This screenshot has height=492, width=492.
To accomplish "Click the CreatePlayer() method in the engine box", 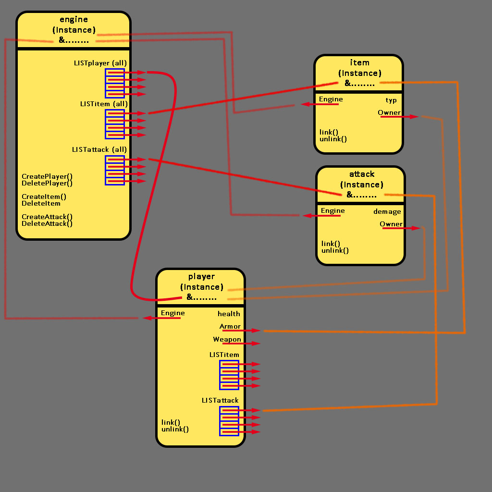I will [x=47, y=176].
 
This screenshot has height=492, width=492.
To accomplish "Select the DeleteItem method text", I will [x=41, y=203].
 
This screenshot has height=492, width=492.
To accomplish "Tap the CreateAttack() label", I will [x=47, y=217].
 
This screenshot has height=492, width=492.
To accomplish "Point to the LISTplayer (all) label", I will [x=100, y=63].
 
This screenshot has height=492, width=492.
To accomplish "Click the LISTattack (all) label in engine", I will [x=99, y=149].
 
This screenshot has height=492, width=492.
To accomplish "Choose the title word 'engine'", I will [x=74, y=20].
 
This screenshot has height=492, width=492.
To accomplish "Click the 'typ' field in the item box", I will [x=391, y=100].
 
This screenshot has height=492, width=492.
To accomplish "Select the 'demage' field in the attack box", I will [x=387, y=211].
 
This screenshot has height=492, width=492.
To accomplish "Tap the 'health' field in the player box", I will [x=229, y=314].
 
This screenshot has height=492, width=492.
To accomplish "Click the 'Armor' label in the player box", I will [x=230, y=327].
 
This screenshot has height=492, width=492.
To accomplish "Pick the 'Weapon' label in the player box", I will [x=227, y=340].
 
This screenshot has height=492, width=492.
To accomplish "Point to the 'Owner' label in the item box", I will [x=389, y=113].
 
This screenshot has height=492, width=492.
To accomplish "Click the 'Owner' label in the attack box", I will [x=391, y=224].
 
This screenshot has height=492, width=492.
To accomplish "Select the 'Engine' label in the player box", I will [x=173, y=313].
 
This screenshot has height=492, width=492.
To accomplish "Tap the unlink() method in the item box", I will [x=333, y=139].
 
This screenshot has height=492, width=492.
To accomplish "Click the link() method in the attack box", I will [x=331, y=244].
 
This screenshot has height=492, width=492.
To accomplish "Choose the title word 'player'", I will [x=201, y=277].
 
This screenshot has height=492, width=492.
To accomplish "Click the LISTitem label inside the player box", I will [x=224, y=355].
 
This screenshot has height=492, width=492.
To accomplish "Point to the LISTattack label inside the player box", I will [x=220, y=400].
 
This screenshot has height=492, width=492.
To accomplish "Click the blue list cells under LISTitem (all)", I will [x=115, y=124].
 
